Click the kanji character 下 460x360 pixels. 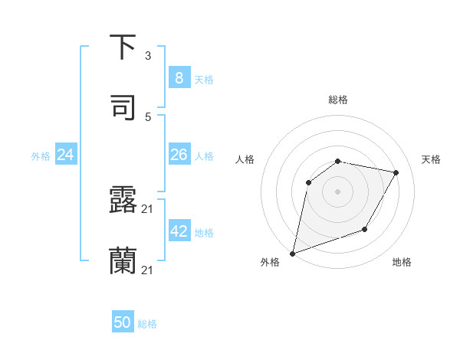pos(123,47)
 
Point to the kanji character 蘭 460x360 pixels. pos(123,260)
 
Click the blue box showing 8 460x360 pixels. pos(179,77)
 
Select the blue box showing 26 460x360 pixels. pos(179,155)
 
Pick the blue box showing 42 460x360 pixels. pos(179,231)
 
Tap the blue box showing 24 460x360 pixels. pos(66,155)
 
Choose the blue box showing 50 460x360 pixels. pos(123,322)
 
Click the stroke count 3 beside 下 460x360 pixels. pos(148,56)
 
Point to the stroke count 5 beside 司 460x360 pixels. pos(148,117)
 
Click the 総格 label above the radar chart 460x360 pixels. pos(338,100)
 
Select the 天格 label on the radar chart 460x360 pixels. pos(431,159)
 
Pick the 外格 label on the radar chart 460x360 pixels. pos(269,262)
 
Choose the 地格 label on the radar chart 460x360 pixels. pos(402,262)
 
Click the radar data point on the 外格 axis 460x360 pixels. pos(293,253)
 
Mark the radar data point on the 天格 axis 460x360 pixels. pos(396,172)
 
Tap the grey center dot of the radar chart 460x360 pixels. pos(338,191)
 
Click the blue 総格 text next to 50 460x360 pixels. pos(147,324)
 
